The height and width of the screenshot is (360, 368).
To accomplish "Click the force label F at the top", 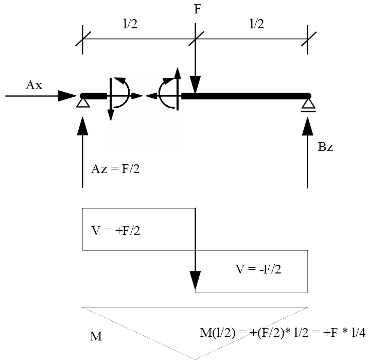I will pos(198,10).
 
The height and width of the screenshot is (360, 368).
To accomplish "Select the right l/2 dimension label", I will pos(256,24).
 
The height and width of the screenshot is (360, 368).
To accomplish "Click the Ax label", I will pos(34,85).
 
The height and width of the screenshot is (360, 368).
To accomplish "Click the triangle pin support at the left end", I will pos(82,103).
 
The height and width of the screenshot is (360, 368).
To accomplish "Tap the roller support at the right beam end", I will pos(308,105).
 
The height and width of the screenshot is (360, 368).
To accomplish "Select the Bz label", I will pos(325,147).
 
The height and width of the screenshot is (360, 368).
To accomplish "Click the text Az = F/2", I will pos(115,169).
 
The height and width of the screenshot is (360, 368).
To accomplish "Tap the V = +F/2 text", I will pos(116,231).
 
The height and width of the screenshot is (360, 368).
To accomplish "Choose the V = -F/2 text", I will pos(258,269).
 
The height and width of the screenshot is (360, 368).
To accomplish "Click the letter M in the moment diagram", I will pos(96,337).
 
